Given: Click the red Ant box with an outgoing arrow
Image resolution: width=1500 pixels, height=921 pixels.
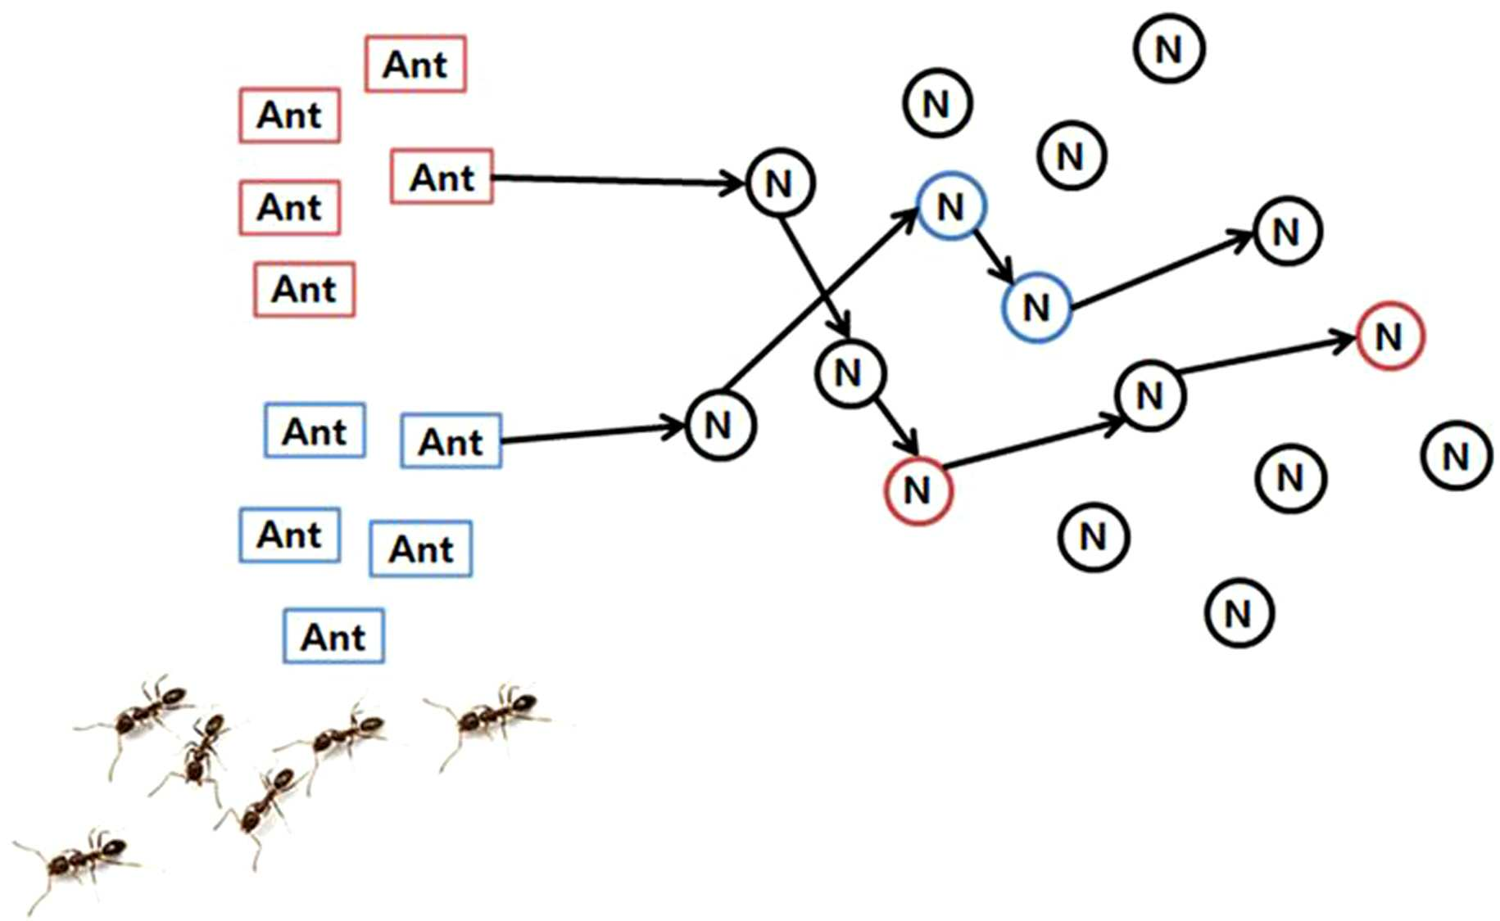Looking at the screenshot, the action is coord(442,176).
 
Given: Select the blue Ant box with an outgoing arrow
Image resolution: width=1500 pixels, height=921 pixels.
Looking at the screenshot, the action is coord(451,440).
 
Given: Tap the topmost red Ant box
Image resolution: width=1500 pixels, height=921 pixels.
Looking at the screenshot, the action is coord(415,64).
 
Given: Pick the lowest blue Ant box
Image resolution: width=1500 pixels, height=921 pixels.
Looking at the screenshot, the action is coord(333,635).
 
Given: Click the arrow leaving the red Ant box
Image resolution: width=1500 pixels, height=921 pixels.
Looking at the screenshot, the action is coord(619,179).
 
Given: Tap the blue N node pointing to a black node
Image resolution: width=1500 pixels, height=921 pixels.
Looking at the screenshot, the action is coord(1036,307).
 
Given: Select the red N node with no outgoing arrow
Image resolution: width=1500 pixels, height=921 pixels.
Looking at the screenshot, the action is coord(1390,336).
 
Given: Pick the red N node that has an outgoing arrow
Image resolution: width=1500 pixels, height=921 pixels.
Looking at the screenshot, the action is coord(918,490).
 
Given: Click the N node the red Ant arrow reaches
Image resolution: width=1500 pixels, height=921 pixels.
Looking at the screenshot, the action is coord(780,183).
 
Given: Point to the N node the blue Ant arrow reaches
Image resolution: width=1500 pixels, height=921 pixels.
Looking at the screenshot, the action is coord(720,425).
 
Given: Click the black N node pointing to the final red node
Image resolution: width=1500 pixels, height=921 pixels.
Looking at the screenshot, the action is coord(1150,395).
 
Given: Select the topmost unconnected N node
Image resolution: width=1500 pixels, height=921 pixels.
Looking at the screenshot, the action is coord(1169,48).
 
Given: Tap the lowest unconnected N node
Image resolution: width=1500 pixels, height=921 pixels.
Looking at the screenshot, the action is coord(1239,612).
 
